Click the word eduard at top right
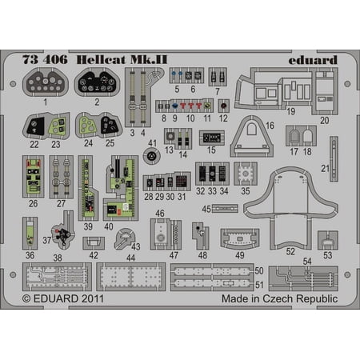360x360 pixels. pos(313,60)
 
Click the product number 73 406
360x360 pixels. pos(45,60)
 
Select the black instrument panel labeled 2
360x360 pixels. pos(97,82)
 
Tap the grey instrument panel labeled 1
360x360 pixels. pos(46,82)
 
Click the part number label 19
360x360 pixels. pos(291,111)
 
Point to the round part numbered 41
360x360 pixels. pos(151,156)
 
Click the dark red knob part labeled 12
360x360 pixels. pos(223,106)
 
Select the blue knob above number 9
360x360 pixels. pos(174,106)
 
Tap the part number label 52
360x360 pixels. pos(290,251)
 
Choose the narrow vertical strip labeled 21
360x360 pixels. pos(334,159)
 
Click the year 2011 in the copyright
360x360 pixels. pos(93,298)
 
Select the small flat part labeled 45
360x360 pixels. pos(225,208)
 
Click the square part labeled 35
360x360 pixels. pos(246,174)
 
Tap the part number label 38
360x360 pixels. pos(58,258)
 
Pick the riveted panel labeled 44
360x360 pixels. pos(130,277)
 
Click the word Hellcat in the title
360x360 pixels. pos(101,60)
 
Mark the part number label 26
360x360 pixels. pos(33,203)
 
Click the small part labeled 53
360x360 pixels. pos(328,240)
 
